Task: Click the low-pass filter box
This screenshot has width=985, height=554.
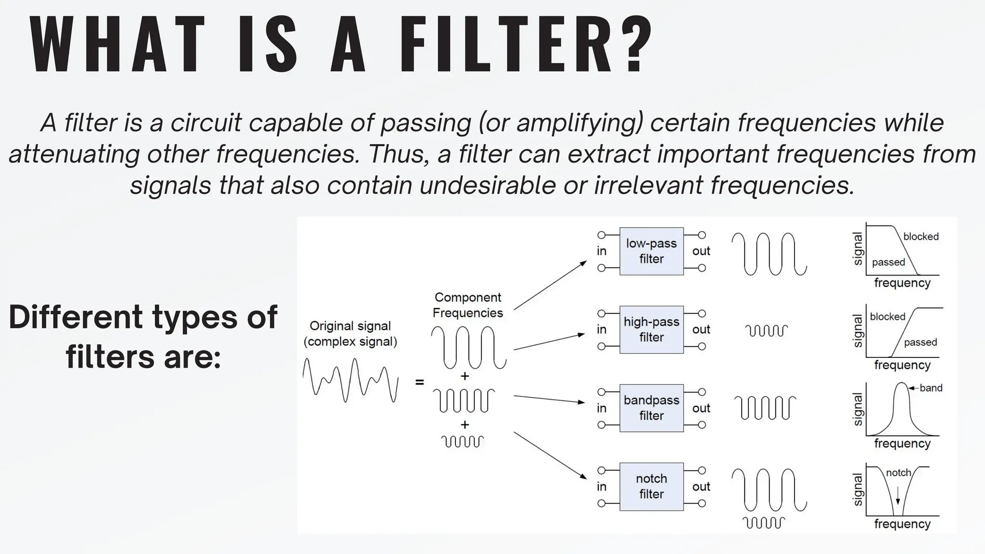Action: click(651, 251)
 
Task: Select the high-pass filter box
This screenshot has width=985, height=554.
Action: click(651, 329)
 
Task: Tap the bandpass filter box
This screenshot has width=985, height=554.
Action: click(651, 408)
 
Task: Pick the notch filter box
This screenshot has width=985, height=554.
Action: click(651, 486)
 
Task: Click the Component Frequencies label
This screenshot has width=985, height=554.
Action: click(467, 305)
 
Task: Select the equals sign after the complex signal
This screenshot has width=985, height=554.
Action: click(419, 382)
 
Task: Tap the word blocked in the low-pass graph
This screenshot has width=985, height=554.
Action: click(921, 237)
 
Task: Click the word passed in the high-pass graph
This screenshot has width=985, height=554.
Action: click(920, 342)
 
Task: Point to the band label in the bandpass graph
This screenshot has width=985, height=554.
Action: click(931, 388)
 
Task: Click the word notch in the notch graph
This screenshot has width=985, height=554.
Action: click(898, 473)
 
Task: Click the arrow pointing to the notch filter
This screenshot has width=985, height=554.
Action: click(550, 455)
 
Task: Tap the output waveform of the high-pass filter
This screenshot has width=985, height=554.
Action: click(766, 330)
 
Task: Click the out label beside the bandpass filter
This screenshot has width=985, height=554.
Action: click(701, 408)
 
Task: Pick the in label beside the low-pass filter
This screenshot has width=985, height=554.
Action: click(602, 251)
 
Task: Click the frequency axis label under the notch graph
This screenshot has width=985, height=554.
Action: click(902, 524)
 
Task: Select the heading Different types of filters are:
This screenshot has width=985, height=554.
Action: click(143, 337)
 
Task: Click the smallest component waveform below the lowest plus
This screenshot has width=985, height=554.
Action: click(462, 441)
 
